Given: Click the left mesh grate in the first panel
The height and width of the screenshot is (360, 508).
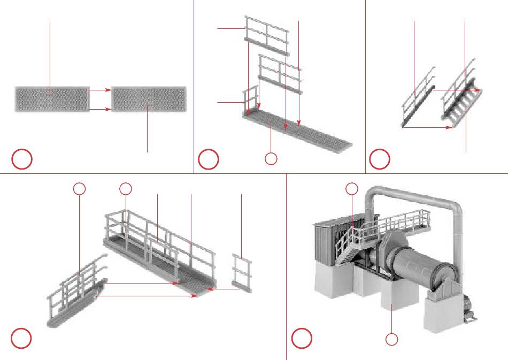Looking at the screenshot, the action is [x=52, y=99].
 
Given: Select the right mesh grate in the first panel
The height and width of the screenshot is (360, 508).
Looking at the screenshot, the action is [x=149, y=99].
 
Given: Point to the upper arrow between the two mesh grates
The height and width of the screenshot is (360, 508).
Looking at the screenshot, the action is [x=100, y=90].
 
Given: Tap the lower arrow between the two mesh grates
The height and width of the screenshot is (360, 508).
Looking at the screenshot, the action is [x=100, y=110].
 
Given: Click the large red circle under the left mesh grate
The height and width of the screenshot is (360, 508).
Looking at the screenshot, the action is [x=23, y=159].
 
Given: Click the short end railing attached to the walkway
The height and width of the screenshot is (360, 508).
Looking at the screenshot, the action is [x=250, y=100].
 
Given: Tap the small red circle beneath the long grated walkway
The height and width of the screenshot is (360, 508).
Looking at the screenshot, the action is [x=271, y=158].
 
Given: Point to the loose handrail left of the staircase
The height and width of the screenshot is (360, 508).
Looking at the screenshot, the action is [x=418, y=101].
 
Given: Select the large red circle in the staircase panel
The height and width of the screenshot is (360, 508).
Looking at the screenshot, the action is [x=380, y=159].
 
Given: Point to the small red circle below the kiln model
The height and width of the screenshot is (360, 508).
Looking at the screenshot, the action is [x=392, y=339].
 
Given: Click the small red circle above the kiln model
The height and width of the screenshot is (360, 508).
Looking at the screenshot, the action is [x=351, y=188].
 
